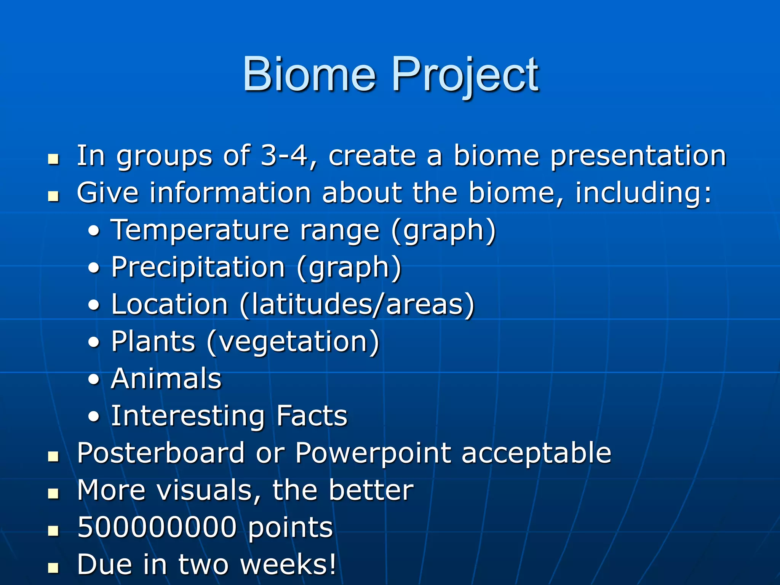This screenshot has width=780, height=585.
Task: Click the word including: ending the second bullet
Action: tap(643, 193)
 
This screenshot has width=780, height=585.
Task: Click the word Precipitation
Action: tap(198, 267)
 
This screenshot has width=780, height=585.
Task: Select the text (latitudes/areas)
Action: tap(357, 305)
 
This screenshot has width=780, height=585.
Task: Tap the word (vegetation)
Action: tap(293, 342)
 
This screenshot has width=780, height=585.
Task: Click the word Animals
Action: tap(166, 379)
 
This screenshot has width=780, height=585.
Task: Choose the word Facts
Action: tap(312, 416)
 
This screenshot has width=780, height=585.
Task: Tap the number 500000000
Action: tap(157, 527)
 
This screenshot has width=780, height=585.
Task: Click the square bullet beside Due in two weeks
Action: tap(53, 568)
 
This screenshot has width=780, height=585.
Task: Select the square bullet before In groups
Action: tap(53, 159)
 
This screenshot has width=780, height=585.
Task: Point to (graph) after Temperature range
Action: tap(443, 230)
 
